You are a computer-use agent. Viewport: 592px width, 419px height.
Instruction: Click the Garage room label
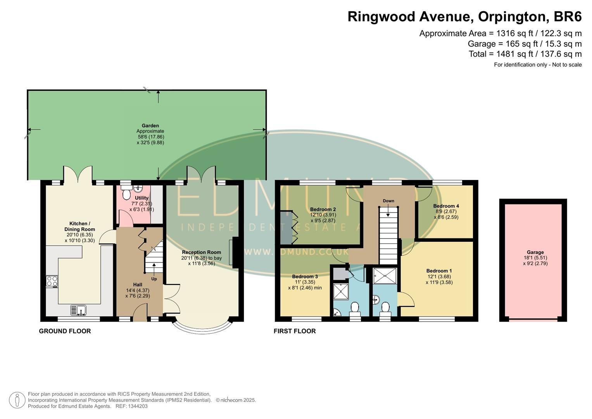coord(535,252)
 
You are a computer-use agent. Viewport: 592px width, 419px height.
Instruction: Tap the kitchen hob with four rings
coord(52,281)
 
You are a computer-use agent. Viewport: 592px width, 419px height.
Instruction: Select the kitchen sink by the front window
coord(79,310)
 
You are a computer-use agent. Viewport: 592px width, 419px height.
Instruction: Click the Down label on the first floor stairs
coord(388,201)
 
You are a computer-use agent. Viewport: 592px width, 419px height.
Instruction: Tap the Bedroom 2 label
coord(323,209)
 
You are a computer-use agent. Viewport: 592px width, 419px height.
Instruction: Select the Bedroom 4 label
coord(446,206)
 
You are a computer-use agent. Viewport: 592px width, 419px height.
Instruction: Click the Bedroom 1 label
coord(439,271)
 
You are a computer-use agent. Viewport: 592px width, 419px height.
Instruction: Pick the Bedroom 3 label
coord(305,277)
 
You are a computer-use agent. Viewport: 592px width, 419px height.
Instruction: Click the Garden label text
coord(150,126)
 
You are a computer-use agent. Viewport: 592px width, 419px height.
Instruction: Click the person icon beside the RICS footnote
coord(17,400)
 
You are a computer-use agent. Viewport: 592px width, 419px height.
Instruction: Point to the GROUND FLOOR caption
coord(65,331)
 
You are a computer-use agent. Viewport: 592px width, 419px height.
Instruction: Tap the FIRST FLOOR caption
coord(295,331)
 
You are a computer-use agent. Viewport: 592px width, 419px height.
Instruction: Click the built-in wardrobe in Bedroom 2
coord(287,227)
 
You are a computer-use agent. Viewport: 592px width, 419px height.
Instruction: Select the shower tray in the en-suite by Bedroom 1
coord(385,276)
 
